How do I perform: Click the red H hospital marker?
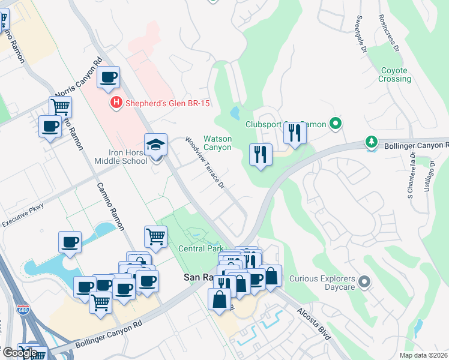point(116,104)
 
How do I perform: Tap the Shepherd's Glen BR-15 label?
point(167,104)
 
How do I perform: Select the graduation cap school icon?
point(155,145)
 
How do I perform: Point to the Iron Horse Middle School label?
point(121,157)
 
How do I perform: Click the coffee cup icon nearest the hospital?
point(108,77)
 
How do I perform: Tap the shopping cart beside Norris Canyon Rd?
point(60,107)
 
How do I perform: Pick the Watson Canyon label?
point(217,143)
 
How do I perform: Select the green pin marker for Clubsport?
point(336,124)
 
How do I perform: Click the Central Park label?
point(200,248)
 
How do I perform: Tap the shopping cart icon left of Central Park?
point(156,236)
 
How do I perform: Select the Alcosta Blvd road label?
point(313,325)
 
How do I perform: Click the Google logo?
point(19,352)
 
